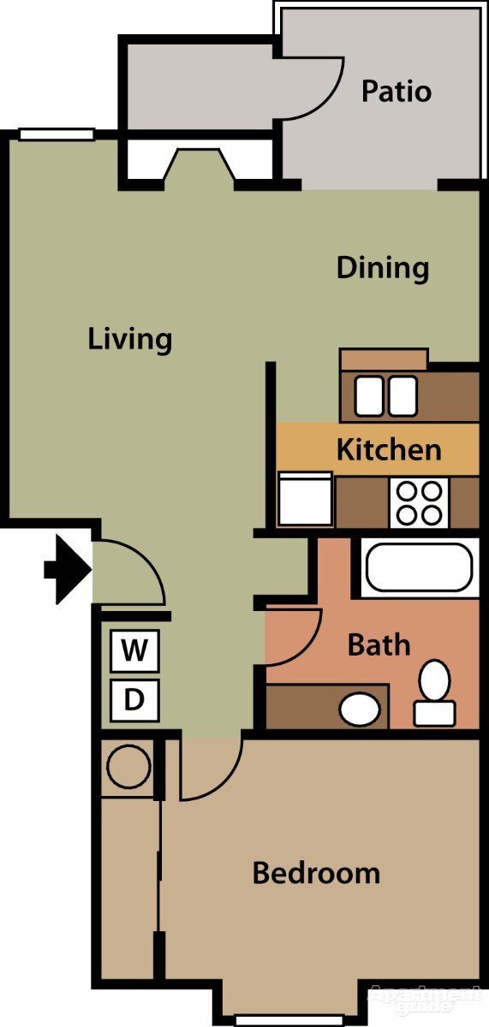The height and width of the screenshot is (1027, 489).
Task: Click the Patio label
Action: [x=396, y=91]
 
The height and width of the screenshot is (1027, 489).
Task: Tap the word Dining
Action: [x=382, y=268]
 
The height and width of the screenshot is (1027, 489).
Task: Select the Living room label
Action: [x=130, y=339]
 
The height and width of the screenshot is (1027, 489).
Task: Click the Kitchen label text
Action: [x=389, y=449]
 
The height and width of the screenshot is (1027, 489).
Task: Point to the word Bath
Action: [x=379, y=644]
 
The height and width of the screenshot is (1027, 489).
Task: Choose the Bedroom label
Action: [x=316, y=873]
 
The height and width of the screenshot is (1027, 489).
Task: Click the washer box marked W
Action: [x=134, y=651]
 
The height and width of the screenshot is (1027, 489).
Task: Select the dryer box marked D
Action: [x=134, y=700]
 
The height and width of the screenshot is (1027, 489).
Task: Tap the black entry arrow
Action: [x=67, y=568]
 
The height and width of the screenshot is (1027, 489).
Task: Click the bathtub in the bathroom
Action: [x=418, y=567]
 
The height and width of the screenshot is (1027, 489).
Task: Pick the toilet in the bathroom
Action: [x=435, y=692]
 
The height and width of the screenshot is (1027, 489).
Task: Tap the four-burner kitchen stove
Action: [x=420, y=502]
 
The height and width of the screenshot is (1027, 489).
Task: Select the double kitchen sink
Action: [x=386, y=395]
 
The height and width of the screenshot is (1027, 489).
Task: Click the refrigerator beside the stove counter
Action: [x=305, y=500]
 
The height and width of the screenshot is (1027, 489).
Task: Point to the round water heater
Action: [x=128, y=766]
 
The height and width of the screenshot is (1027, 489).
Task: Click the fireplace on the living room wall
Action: [x=199, y=167]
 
